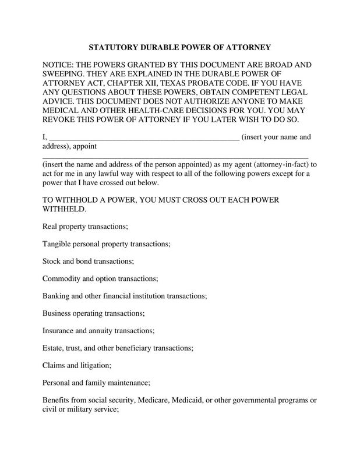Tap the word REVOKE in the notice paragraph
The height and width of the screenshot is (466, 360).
(x=63, y=121)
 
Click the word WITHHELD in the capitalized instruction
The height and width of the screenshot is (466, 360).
(x=65, y=209)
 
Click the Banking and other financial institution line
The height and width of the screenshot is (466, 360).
(x=125, y=296)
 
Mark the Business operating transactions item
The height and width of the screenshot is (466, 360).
(x=94, y=313)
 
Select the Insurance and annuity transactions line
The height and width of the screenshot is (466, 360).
(x=98, y=331)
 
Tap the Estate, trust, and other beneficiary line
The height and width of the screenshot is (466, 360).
(x=118, y=348)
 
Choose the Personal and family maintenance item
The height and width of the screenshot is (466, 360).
(x=97, y=383)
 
